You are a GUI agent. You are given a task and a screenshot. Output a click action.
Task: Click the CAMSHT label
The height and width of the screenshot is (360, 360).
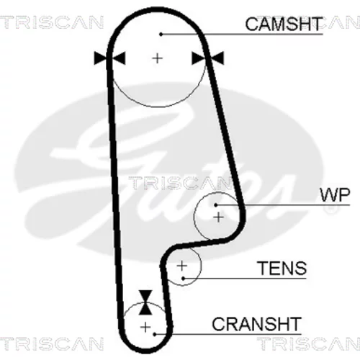284,24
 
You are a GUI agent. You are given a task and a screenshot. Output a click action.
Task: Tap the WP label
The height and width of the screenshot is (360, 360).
335,195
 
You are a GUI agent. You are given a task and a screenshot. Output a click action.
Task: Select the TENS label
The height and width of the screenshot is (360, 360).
282,268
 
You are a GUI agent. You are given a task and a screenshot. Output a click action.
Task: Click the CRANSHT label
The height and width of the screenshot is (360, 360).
256,324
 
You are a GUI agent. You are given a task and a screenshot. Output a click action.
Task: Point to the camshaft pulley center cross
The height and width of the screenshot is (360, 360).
158,58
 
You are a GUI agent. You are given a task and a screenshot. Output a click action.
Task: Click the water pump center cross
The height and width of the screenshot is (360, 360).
218,217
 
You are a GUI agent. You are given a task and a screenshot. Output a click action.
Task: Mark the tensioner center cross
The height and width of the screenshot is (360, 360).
182,266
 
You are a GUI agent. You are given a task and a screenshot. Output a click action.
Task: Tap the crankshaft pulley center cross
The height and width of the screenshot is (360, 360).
145,327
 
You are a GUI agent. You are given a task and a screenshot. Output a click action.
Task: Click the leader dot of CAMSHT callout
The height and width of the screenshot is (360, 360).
161,35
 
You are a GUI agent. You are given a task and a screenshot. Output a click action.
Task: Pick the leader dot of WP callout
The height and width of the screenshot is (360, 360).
216,205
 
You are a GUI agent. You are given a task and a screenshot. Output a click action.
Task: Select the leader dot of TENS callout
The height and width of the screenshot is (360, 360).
183,279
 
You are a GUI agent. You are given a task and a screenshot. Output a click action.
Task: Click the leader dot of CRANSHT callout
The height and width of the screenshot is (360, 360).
155,334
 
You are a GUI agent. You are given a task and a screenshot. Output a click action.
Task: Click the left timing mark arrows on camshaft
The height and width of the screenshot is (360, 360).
109,58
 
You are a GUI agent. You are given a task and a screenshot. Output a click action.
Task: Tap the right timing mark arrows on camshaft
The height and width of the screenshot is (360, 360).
208,58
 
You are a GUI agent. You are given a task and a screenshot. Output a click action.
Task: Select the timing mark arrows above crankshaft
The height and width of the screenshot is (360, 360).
145,302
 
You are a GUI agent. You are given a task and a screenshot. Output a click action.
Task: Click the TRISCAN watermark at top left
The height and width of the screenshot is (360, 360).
52,22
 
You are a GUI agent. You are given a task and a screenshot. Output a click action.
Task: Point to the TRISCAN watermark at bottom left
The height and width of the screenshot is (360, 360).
52,343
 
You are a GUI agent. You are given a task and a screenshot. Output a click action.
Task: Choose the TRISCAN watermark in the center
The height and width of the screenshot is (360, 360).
179,183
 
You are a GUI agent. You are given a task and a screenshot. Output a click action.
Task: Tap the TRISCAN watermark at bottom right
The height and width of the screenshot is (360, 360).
308,343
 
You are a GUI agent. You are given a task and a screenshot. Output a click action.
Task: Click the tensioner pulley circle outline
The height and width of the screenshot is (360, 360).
202,266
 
